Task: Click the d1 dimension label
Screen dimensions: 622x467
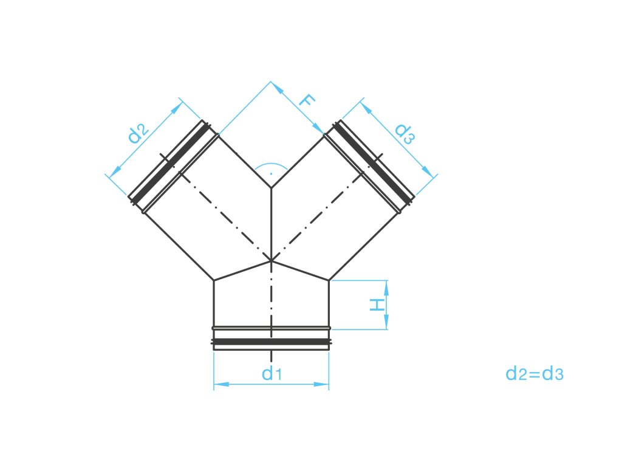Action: [271, 374]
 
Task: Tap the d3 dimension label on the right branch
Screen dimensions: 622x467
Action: [404, 133]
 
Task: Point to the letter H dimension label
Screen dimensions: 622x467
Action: [378, 305]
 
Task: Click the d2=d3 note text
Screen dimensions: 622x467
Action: [535, 374]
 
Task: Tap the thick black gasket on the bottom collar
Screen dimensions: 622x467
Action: [271, 342]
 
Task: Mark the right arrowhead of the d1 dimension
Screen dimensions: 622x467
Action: [323, 384]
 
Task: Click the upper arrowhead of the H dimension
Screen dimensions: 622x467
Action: [384, 286]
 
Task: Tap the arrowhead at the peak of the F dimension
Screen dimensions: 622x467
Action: [276, 86]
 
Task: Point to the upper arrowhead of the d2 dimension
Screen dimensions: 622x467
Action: [178, 106]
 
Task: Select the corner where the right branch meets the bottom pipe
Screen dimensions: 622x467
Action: [329, 280]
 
